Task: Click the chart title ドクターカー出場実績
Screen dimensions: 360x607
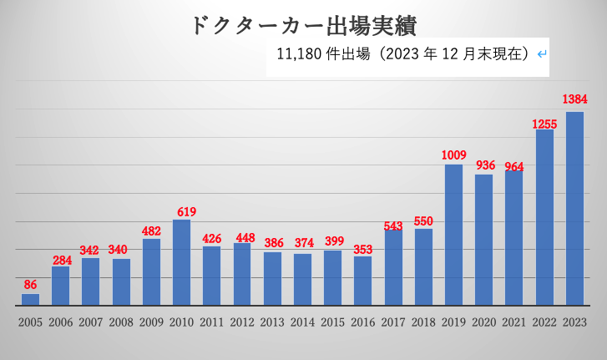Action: coord(301,24)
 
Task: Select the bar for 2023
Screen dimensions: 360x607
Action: coord(574,209)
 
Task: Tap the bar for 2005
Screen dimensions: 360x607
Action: coord(30,299)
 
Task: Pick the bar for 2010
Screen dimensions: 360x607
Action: coord(181,262)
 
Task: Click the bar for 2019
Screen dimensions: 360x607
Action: coord(453,235)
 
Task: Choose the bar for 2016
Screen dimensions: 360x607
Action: coord(362,281)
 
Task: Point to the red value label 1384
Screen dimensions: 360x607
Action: coord(574,99)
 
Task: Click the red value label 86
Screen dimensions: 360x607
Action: coord(30,284)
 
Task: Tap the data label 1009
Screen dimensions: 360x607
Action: coord(453,155)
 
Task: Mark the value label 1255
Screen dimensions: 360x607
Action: coord(544,124)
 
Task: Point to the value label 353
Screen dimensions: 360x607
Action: coord(362,248)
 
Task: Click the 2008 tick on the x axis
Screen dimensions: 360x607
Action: coord(121,322)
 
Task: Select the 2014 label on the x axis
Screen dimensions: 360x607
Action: coord(302,322)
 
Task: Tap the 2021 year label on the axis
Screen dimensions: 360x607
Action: coord(513,322)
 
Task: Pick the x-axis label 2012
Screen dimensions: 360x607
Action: coord(242,322)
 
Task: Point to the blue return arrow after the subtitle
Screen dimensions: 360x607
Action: coord(542,55)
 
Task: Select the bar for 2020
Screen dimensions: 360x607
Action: coord(483,240)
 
